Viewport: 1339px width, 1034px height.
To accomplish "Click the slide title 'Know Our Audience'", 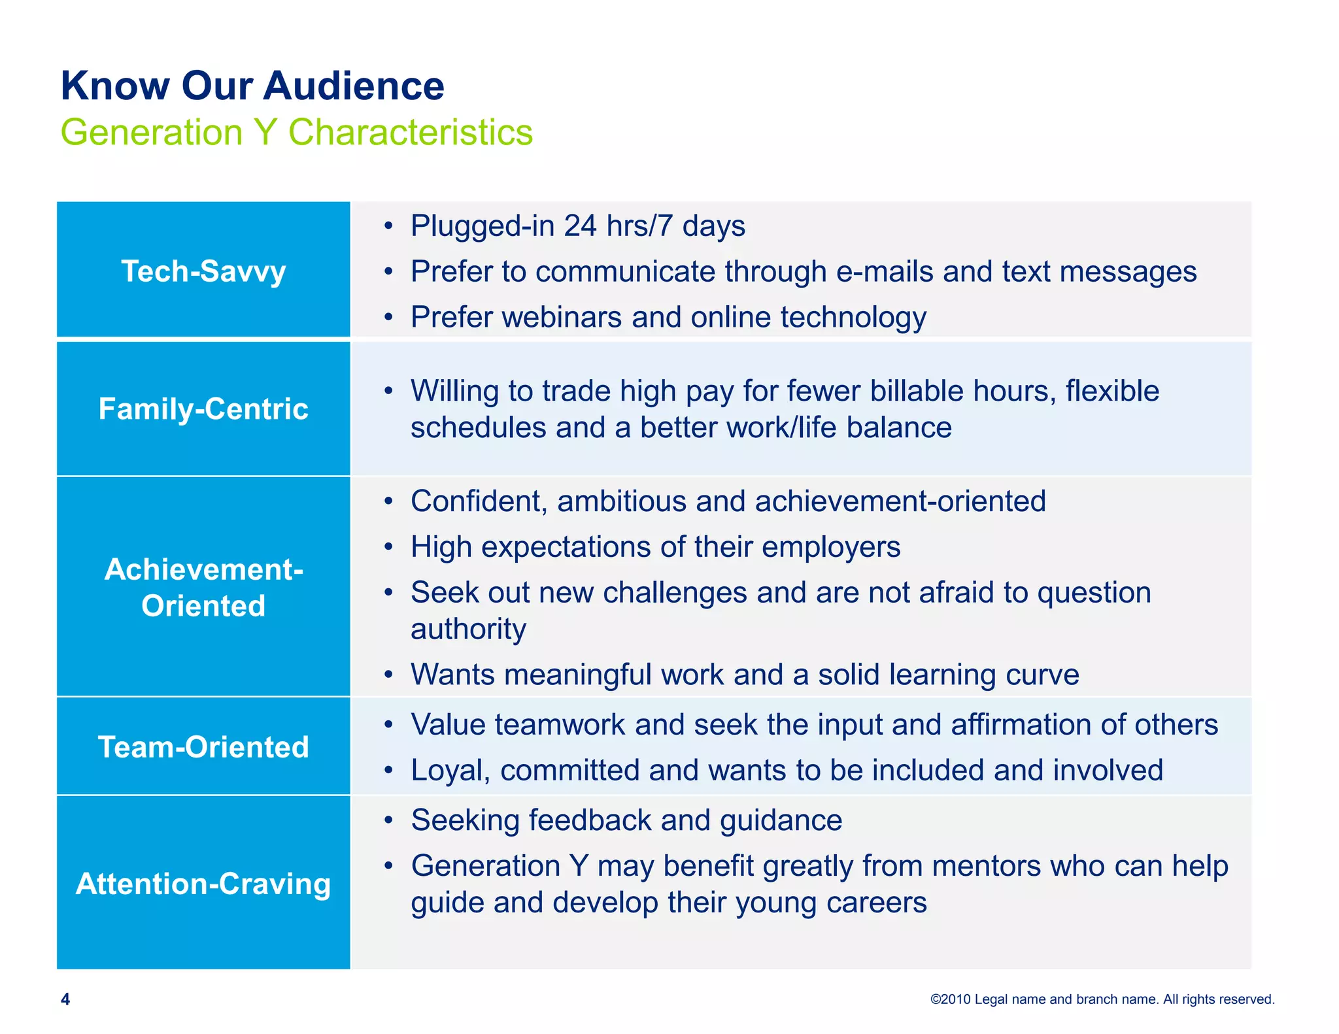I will [x=252, y=86].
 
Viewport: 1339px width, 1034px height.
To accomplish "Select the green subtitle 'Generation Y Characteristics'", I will [x=296, y=132].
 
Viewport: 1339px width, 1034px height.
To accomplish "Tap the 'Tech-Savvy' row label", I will [x=203, y=271].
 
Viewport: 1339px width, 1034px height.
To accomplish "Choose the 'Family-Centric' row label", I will [x=203, y=409].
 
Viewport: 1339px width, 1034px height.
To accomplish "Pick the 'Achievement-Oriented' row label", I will [x=203, y=588].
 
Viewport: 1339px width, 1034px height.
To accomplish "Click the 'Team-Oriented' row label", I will [x=203, y=747].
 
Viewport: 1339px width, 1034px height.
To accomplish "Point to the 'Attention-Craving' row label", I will [x=203, y=884].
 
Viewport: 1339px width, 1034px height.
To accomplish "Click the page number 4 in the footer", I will [x=65, y=999].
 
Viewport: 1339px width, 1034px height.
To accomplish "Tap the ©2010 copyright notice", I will [x=1102, y=999].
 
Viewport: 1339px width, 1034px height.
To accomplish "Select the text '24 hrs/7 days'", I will [x=654, y=226].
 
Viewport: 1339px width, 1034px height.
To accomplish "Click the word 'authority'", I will [x=468, y=629].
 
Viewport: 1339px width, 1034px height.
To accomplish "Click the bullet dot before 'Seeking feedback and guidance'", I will [x=389, y=820].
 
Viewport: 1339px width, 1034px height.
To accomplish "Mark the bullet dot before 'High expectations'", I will [x=389, y=547].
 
